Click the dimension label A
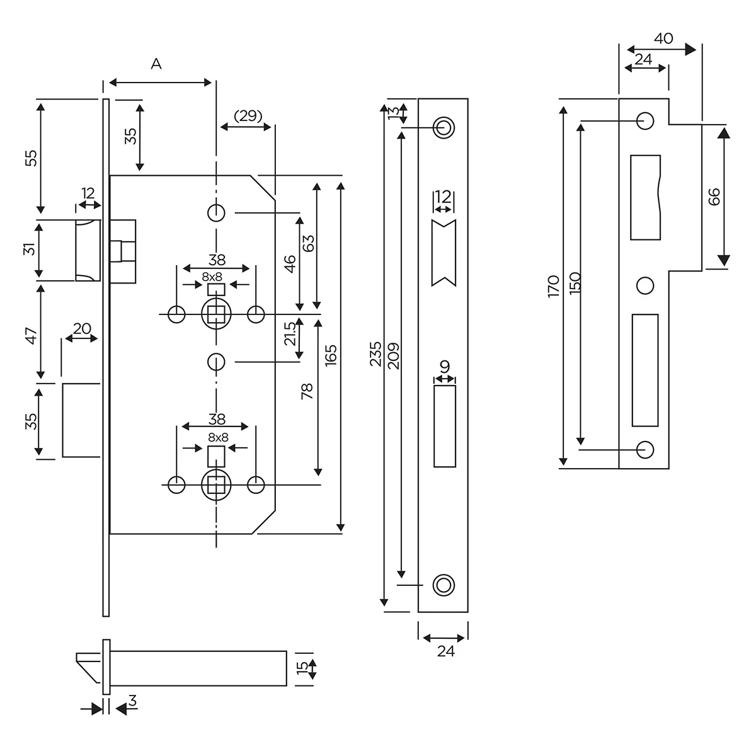(x=156, y=64)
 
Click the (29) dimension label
(x=248, y=116)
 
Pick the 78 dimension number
(x=307, y=391)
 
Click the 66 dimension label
(x=714, y=197)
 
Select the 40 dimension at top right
(x=663, y=38)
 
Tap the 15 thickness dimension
(x=303, y=667)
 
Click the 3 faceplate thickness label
(x=132, y=701)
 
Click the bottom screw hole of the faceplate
(x=444, y=583)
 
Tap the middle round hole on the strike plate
(x=644, y=285)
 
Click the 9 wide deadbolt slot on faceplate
(x=445, y=427)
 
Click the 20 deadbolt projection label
(x=83, y=328)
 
